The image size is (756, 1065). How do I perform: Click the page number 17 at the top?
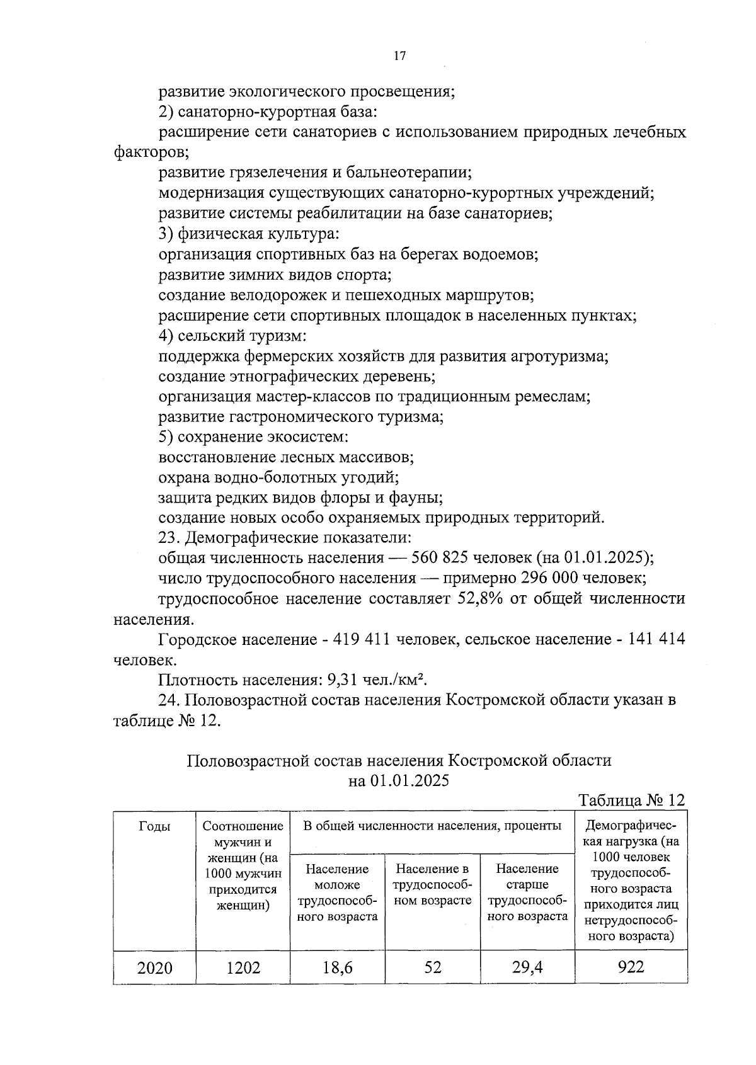(x=399, y=56)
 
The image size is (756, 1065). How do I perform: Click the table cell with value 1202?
(x=243, y=967)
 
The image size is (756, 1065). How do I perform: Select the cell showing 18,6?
(x=338, y=967)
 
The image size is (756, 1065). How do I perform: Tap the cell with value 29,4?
(x=527, y=967)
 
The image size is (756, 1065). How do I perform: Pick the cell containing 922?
(x=631, y=967)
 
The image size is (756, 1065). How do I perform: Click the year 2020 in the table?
(x=154, y=967)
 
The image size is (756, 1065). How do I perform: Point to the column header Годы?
(x=154, y=827)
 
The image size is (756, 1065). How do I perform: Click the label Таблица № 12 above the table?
(x=631, y=800)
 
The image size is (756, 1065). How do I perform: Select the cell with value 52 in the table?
(x=433, y=967)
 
